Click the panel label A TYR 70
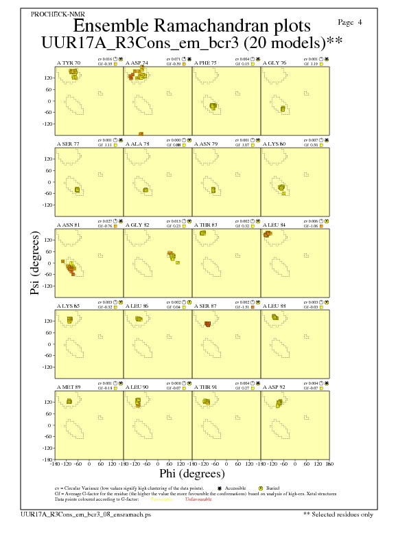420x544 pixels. pos(68,63)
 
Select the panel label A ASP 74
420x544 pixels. pos(137,63)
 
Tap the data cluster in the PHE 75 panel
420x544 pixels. pos(213,106)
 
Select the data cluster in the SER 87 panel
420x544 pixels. pos(207,324)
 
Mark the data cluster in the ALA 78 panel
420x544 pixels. pos(145,190)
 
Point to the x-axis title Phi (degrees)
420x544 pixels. pos(191,474)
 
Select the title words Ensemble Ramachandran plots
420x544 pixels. pos(191,27)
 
